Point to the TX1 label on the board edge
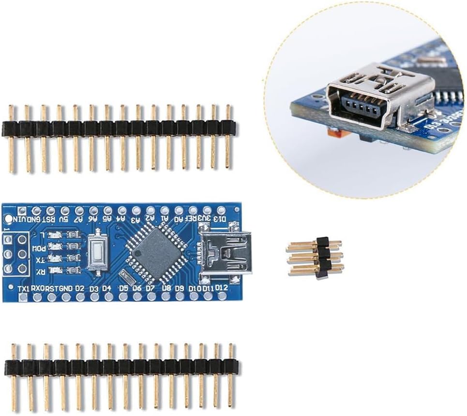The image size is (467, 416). [23, 289]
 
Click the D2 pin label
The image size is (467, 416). [80, 289]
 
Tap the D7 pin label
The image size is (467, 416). [151, 289]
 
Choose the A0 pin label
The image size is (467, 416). [179, 218]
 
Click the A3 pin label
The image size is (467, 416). [137, 218]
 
